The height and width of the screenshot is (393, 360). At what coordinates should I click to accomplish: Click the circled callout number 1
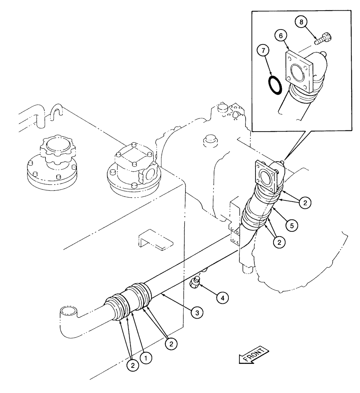146,358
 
